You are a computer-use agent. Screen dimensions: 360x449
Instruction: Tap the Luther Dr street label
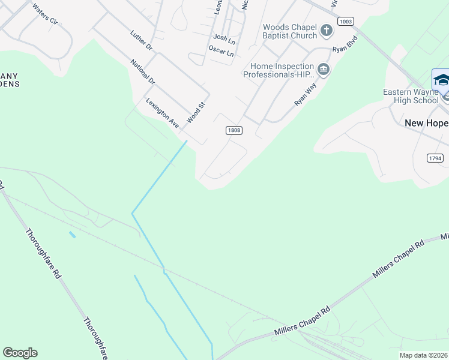141,42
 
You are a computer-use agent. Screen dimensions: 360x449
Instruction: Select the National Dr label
143,71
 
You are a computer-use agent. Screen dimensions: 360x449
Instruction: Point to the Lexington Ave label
162,113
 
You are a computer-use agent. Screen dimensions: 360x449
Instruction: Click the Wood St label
196,112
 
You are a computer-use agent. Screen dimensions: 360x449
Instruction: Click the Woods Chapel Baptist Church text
290,31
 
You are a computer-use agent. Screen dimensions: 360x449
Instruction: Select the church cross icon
326,30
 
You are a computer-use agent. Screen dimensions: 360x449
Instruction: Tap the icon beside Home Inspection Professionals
324,70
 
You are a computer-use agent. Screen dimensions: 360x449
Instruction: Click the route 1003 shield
345,21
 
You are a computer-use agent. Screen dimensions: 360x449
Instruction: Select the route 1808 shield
234,130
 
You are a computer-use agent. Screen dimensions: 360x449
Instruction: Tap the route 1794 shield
435,158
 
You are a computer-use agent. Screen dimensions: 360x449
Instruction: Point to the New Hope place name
426,123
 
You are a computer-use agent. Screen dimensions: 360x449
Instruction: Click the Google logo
20,353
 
